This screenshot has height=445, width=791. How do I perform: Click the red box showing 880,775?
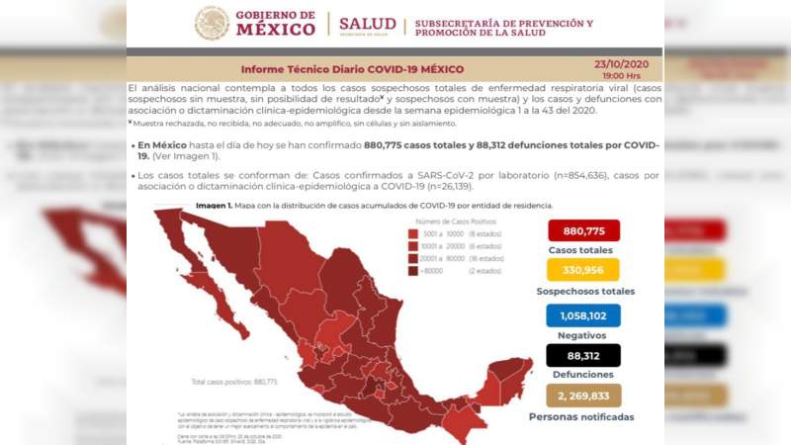[582, 230]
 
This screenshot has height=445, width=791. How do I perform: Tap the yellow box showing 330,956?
[582, 270]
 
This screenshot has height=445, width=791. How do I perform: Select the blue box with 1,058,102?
[582, 314]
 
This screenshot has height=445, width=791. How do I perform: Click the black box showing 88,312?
[582, 355]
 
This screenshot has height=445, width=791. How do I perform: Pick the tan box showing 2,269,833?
[582, 396]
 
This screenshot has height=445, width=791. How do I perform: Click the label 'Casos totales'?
[582, 249]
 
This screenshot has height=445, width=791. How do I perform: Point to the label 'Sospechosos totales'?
[585, 291]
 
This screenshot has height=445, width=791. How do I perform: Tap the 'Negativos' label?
[582, 335]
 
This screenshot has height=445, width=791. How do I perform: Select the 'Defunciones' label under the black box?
[582, 375]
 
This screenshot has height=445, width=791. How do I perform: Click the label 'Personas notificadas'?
[582, 417]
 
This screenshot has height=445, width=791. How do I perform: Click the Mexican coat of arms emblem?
[212, 23]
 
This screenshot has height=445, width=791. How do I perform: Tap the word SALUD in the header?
[367, 23]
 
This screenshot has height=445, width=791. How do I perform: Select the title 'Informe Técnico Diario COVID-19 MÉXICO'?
[352, 69]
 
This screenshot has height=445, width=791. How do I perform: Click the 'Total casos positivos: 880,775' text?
[234, 381]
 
